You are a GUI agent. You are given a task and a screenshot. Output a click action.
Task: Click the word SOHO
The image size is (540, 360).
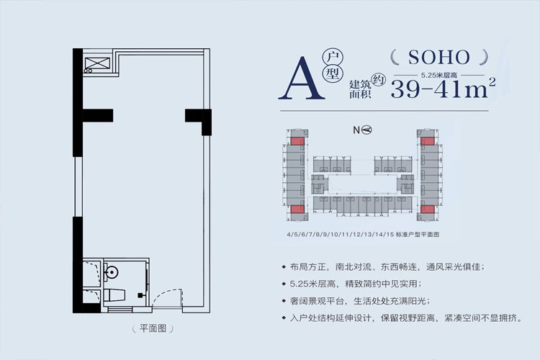pos(438,56)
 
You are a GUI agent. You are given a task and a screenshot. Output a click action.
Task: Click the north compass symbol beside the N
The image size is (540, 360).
pos(367,130)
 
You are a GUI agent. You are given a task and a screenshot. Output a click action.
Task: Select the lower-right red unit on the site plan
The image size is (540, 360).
pos(428,209)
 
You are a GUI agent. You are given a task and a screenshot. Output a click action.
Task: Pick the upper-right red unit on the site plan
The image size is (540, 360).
pos(428,141)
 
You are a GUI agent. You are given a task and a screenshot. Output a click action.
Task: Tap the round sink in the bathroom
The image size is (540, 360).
pos(110,273)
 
